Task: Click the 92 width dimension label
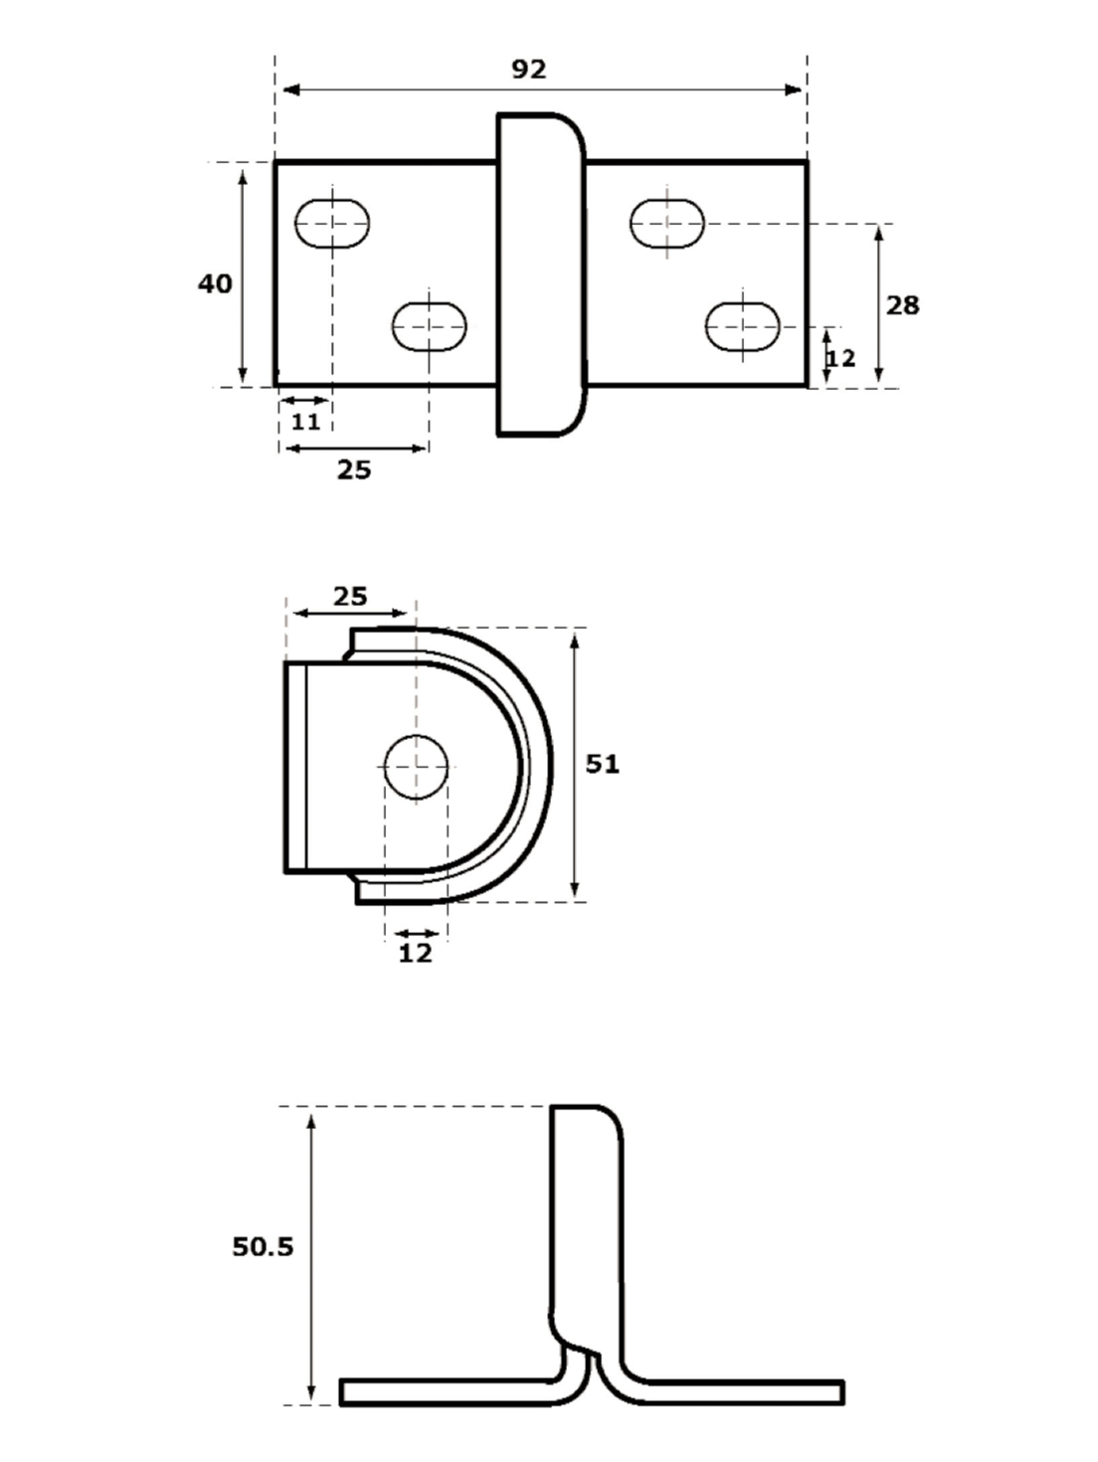pyautogui.click(x=529, y=70)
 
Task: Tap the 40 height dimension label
pyautogui.click(x=215, y=284)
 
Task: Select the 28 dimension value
pyautogui.click(x=902, y=305)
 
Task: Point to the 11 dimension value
pyautogui.click(x=305, y=422)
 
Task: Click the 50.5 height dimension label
pyautogui.click(x=263, y=1247)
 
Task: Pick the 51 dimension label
pyautogui.click(x=602, y=764)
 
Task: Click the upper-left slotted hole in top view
pyautogui.click(x=332, y=223)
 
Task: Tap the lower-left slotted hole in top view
pyautogui.click(x=430, y=326)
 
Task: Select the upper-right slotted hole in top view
pyautogui.click(x=666, y=223)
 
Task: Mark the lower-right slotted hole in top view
pyautogui.click(x=743, y=326)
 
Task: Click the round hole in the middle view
pyautogui.click(x=416, y=767)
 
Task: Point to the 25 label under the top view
pyautogui.click(x=353, y=469)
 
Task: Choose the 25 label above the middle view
pyautogui.click(x=350, y=597)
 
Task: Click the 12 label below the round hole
pyautogui.click(x=416, y=954)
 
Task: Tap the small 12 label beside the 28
pyautogui.click(x=841, y=358)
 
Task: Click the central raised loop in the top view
pyautogui.click(x=540, y=274)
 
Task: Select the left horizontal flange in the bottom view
pyautogui.click(x=448, y=1391)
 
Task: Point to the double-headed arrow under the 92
pyautogui.click(x=542, y=91)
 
